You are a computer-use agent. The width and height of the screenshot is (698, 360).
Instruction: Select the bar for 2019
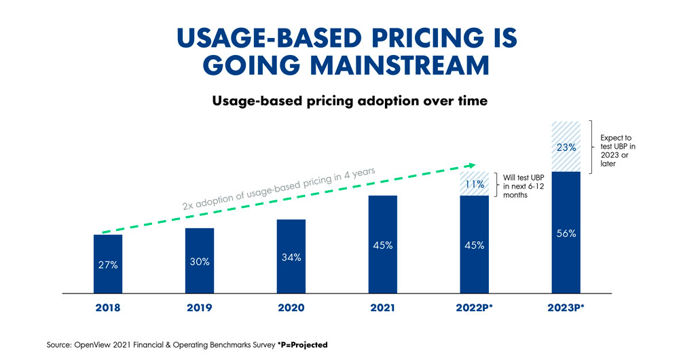pos(200,261)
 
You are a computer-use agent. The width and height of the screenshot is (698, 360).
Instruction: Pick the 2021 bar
pos(383,245)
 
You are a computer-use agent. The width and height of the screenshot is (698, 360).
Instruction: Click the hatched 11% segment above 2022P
pos(474,184)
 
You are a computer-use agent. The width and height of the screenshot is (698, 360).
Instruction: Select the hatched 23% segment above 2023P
pos(566,147)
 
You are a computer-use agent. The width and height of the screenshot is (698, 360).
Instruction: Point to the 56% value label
pos(566,234)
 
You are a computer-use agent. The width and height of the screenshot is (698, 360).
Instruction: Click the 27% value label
pos(108,265)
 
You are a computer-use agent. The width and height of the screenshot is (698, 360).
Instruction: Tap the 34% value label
pos(291,257)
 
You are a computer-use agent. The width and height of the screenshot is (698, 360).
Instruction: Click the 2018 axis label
pos(108,308)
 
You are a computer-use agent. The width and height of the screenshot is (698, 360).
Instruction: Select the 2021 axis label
pos(383,308)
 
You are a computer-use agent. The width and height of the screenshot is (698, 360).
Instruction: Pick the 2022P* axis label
pos(475,308)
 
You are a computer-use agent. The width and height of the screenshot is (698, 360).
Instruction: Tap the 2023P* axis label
pos(567,308)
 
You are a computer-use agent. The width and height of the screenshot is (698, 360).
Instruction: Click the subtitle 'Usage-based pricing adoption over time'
pos(350,101)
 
